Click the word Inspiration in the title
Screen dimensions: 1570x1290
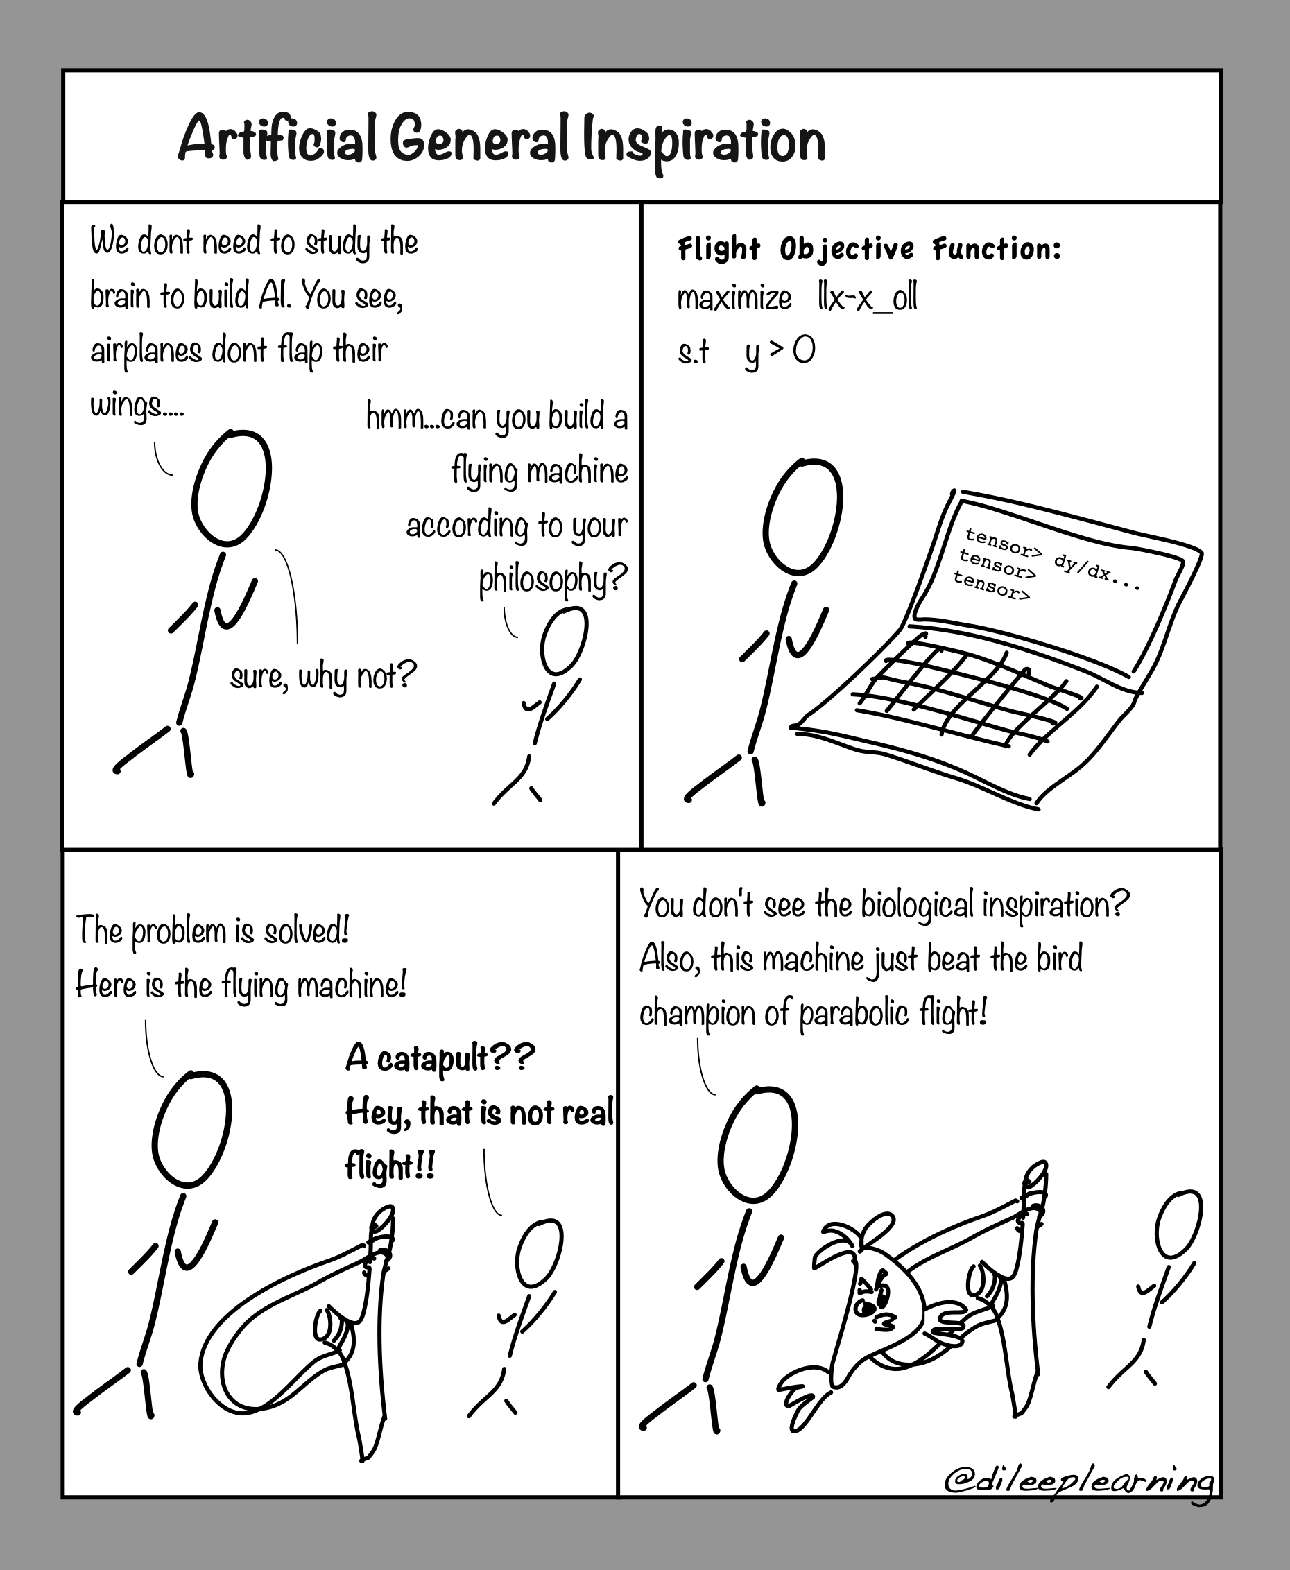coord(704,141)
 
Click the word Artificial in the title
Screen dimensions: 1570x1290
coord(277,139)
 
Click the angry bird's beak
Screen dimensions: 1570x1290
coord(885,1321)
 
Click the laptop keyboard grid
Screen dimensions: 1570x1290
coord(966,691)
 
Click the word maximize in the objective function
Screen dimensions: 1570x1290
coord(734,299)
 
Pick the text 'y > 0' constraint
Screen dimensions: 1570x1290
coord(780,351)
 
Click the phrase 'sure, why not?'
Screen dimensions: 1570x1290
coord(323,676)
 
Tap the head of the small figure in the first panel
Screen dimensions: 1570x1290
coord(564,641)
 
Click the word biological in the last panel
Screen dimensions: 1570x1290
coord(917,905)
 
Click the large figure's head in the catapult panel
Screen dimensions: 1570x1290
coord(191,1130)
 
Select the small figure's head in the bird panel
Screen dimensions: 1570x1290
coord(1179,1224)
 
